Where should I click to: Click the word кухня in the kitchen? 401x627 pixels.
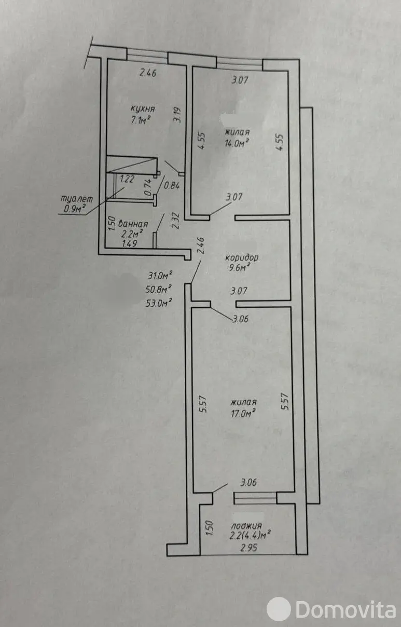(143, 109)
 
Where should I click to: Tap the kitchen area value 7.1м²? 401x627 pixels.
(141, 120)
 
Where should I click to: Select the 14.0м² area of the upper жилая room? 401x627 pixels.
(237, 143)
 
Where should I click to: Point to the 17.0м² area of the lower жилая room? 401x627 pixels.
(243, 413)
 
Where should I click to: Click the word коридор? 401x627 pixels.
(242, 257)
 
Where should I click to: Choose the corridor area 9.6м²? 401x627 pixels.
(240, 268)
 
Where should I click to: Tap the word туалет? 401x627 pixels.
(77, 199)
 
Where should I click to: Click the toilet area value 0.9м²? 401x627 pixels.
(75, 209)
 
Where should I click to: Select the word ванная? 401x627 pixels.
(133, 224)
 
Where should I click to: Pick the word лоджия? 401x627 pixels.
(246, 526)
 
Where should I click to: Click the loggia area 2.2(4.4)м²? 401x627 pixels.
(250, 536)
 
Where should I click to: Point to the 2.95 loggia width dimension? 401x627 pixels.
(249, 548)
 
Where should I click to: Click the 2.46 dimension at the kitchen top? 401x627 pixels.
(148, 73)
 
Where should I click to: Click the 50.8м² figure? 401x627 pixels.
(158, 289)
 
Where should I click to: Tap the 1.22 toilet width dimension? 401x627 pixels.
(127, 179)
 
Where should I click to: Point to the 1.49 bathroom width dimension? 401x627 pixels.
(130, 243)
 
